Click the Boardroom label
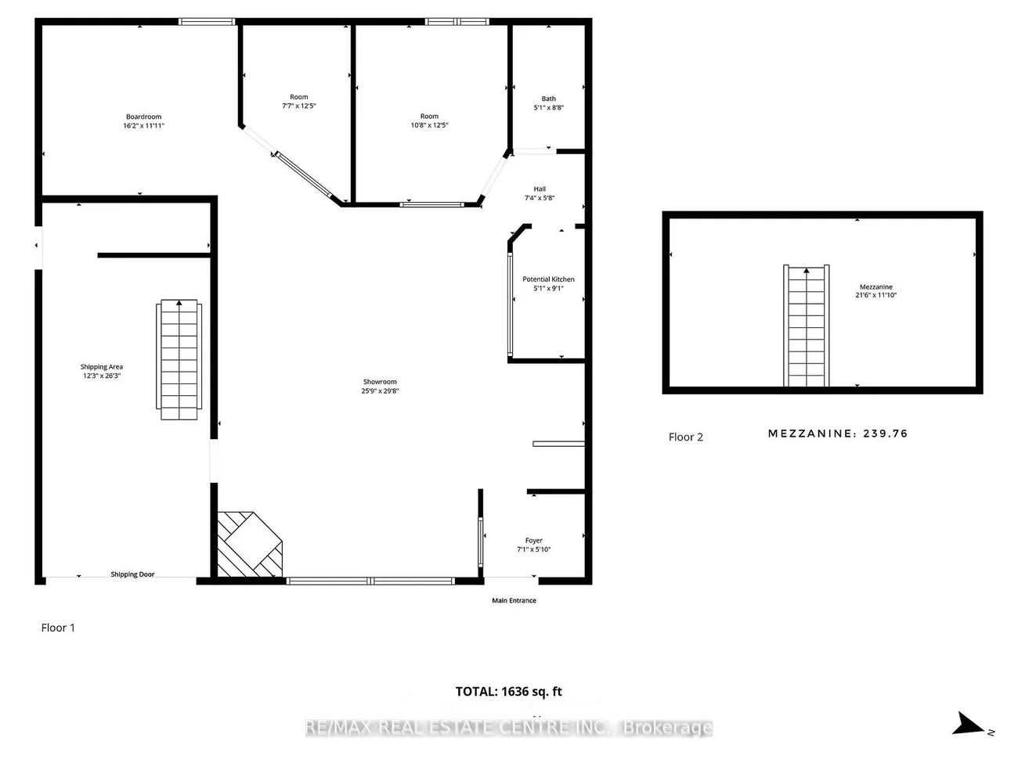[x=143, y=117]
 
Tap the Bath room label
[x=548, y=99]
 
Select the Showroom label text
[x=380, y=382]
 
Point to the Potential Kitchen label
[x=548, y=279]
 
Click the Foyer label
[x=534, y=540]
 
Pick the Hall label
[x=540, y=189]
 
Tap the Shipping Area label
[x=101, y=366]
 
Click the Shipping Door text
[x=132, y=574]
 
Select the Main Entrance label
[x=514, y=600]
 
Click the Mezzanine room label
[x=875, y=286]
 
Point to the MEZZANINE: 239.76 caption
[x=837, y=434]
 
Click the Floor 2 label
[x=685, y=437]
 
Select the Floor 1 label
[x=58, y=628]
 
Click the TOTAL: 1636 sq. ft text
[x=508, y=691]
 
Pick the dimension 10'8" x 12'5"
[x=429, y=125]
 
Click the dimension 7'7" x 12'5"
[x=299, y=106]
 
